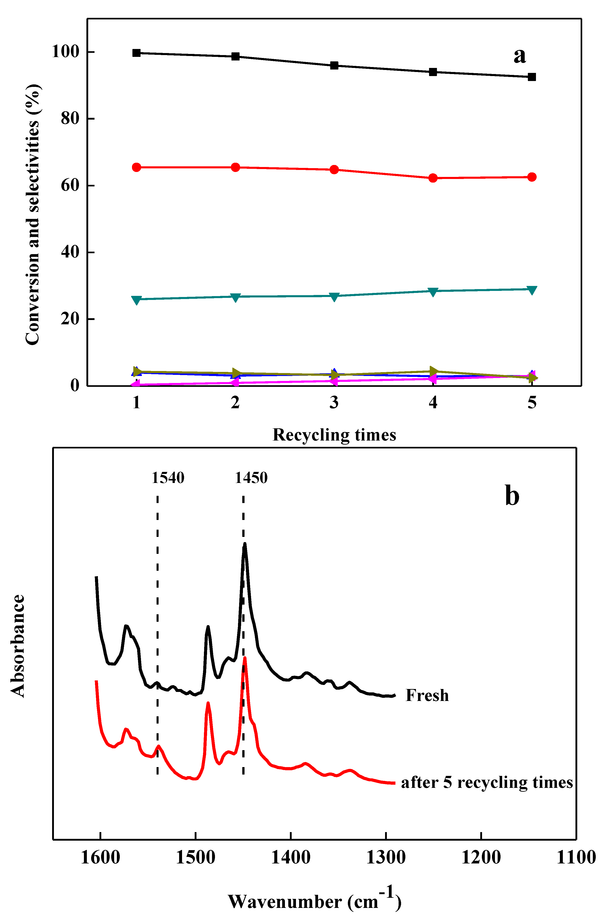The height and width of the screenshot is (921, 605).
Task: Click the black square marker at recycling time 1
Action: point(136,53)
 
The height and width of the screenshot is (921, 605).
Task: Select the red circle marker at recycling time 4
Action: point(433,178)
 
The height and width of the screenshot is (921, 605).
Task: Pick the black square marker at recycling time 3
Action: point(334,65)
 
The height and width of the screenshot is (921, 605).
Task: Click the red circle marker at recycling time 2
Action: point(235,167)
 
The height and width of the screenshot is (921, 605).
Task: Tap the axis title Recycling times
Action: point(334,435)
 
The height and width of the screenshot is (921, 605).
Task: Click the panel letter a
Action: point(520,55)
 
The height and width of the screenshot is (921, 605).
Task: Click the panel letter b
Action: point(512,496)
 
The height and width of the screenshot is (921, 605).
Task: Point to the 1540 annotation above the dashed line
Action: point(168,478)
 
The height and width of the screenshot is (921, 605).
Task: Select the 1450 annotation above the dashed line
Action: point(251,478)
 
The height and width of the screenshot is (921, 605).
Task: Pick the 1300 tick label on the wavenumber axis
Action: point(386,858)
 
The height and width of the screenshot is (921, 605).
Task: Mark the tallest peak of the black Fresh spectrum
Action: point(245,545)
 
